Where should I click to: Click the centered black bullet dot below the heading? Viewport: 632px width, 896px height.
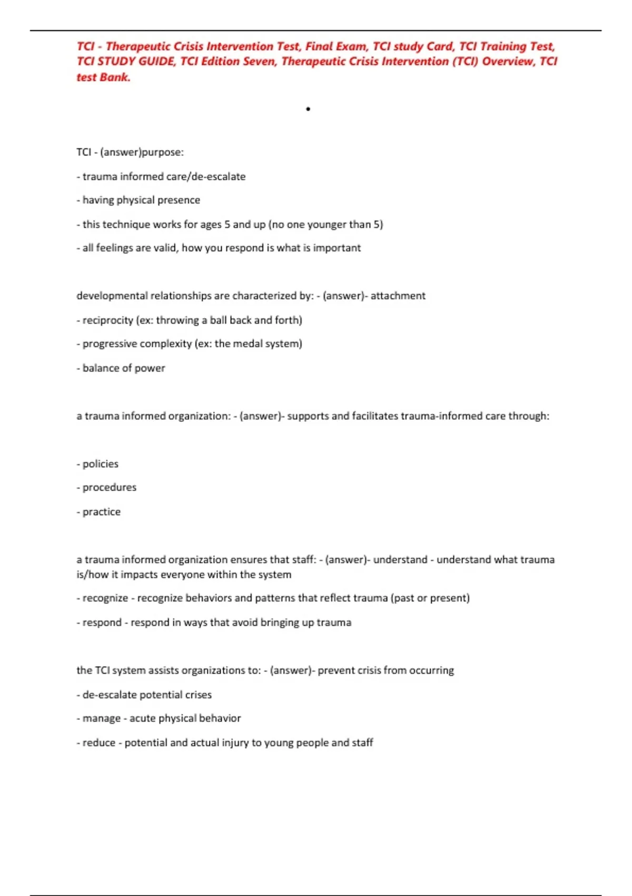click(308, 109)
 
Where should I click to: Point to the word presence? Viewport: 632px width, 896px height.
click(179, 200)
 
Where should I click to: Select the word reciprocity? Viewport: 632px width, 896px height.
click(108, 320)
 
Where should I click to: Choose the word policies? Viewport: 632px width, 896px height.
click(101, 464)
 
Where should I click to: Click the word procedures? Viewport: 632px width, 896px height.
click(110, 488)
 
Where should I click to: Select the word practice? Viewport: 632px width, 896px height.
click(102, 512)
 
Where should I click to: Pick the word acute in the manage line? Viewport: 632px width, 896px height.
click(143, 718)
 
